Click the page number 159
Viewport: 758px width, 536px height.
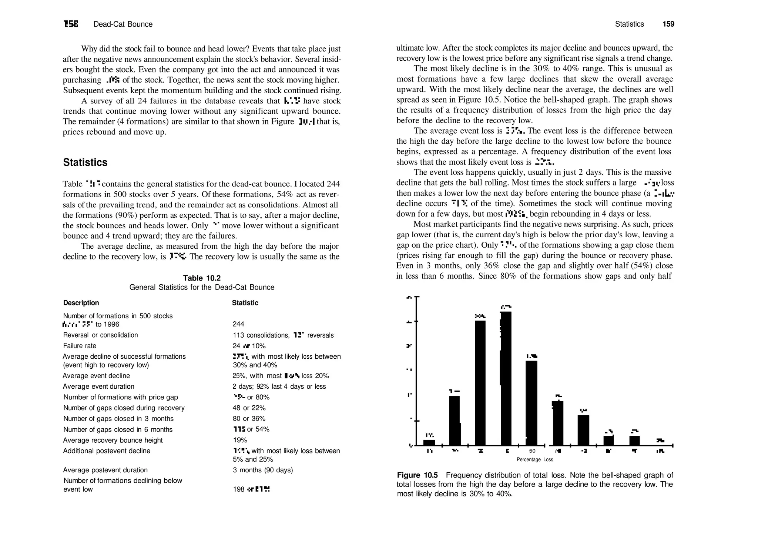tap(668, 24)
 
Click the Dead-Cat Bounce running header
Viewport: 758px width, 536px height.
tap(123, 24)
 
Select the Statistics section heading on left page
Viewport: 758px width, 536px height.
tap(85, 162)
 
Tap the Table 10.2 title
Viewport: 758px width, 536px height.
tap(202, 278)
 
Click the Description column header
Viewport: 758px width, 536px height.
tap(81, 303)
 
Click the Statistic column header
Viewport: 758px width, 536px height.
tap(245, 303)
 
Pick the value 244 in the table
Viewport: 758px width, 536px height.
tap(238, 324)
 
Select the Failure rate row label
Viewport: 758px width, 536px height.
tap(80, 346)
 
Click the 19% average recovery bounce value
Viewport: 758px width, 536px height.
tap(240, 440)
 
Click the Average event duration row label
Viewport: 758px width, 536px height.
tap(98, 386)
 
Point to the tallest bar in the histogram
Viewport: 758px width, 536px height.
tap(506, 378)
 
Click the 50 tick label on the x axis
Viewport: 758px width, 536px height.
tap(532, 451)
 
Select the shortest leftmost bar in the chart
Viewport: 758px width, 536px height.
tap(429, 442)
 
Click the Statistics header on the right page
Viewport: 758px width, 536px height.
tap(629, 24)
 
